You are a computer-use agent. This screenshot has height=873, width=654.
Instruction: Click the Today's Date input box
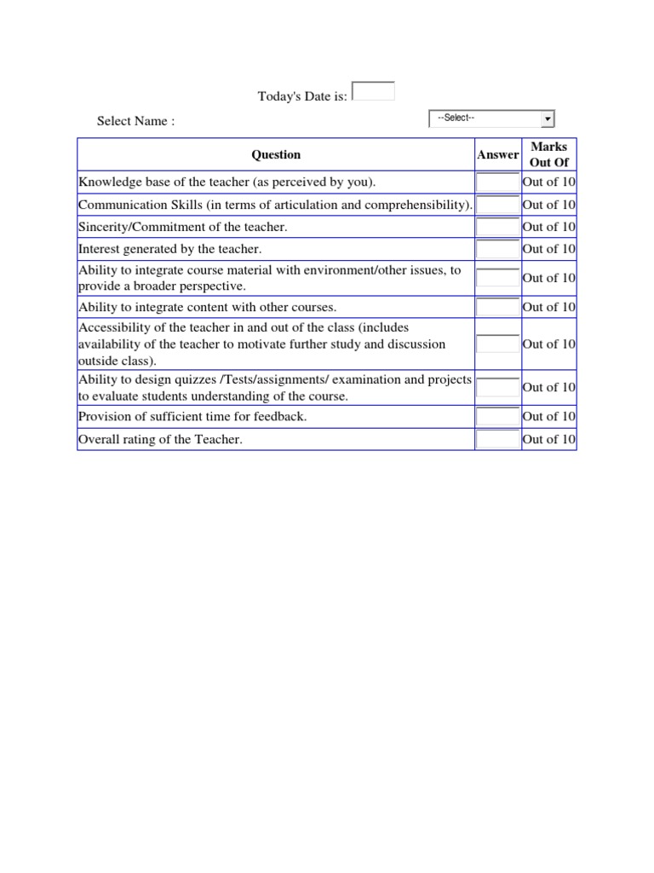[373, 91]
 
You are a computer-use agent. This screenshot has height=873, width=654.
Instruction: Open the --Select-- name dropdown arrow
[548, 119]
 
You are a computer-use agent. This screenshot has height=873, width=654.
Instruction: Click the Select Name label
[135, 121]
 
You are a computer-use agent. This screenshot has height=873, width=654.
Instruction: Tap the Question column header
[276, 154]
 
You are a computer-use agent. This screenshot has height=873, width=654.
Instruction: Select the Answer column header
[497, 154]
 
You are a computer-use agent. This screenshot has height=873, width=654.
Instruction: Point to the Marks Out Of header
[549, 154]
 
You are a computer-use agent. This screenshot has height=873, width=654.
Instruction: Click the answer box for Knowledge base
[497, 182]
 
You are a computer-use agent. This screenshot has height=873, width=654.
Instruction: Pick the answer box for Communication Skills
[497, 205]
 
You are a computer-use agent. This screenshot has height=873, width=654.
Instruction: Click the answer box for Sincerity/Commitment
[497, 227]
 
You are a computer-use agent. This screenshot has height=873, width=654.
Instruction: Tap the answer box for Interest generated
[497, 249]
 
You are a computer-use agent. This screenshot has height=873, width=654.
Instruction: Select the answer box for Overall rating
[497, 439]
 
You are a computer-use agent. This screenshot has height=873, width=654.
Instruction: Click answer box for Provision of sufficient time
[497, 417]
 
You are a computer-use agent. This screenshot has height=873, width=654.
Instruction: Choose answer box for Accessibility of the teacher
[497, 344]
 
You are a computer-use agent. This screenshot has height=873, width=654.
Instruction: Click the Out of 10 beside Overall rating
[549, 439]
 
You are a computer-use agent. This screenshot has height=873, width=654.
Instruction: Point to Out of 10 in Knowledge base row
[549, 182]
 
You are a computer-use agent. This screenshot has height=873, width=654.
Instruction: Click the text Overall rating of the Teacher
[160, 439]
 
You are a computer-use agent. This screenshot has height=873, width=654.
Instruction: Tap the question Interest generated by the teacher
[169, 249]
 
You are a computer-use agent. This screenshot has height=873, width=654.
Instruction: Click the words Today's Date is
[302, 96]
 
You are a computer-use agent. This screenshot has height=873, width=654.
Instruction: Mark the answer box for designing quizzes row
[497, 387]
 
